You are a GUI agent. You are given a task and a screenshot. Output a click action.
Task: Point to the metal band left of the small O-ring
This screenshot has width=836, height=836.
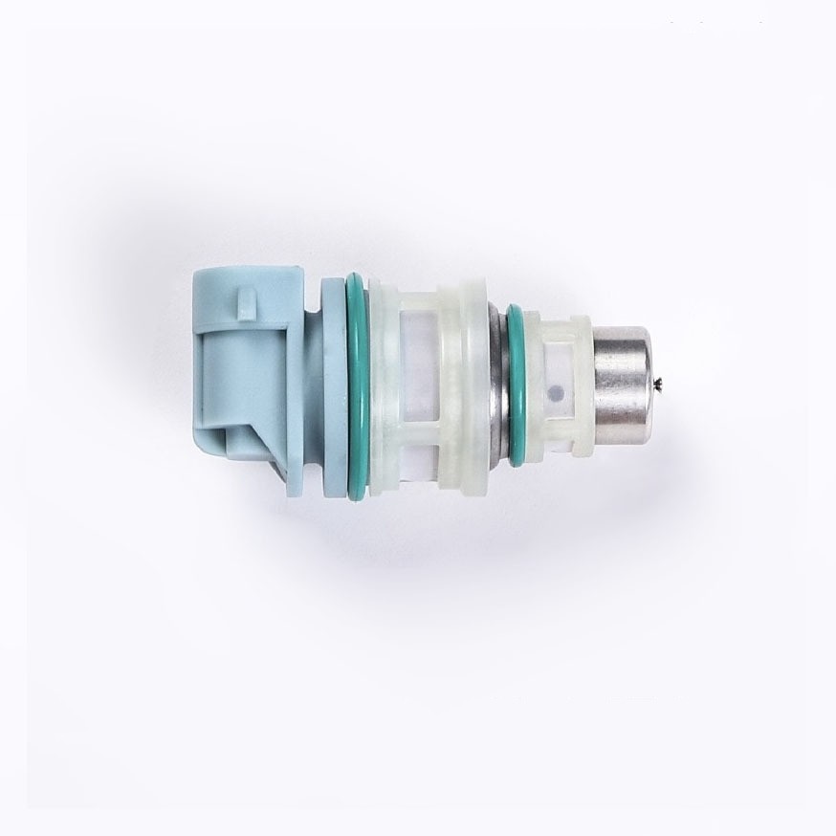point(497,383)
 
